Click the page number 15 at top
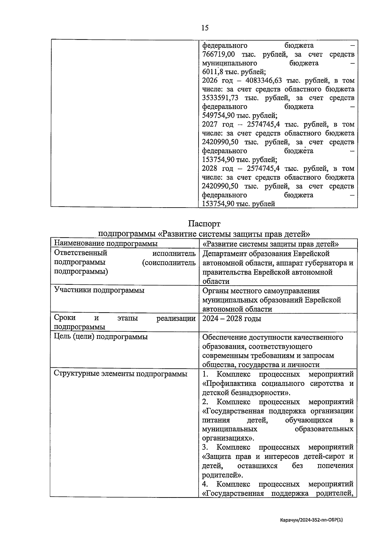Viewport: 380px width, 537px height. click(x=205, y=28)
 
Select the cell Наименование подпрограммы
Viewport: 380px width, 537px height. click(x=106, y=243)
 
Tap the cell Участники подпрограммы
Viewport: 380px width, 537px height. click(x=99, y=290)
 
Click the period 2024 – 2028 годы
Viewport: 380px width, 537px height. click(x=231, y=318)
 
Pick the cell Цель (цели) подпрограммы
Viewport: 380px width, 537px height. click(x=101, y=337)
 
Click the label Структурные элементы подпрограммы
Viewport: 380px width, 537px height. click(x=120, y=374)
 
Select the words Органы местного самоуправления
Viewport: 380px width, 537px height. click(x=261, y=290)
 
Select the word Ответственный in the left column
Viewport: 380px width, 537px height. click(x=81, y=253)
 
